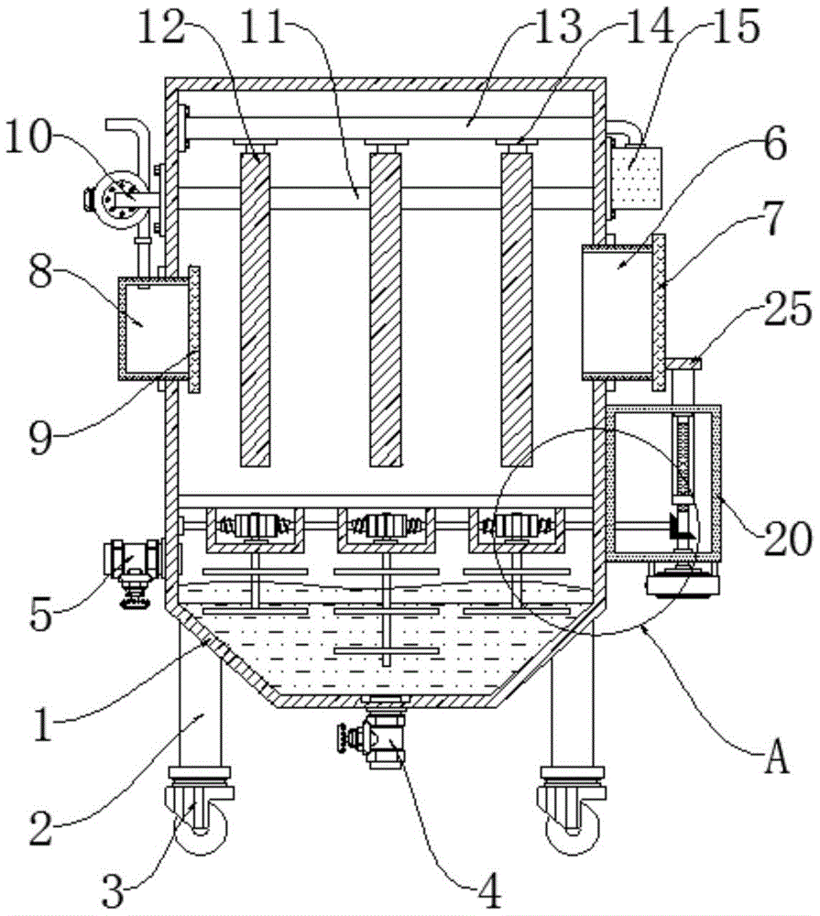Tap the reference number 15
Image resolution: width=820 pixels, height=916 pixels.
[736, 27]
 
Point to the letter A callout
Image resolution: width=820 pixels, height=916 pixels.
[777, 757]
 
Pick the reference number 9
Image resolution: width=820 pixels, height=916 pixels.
[41, 438]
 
